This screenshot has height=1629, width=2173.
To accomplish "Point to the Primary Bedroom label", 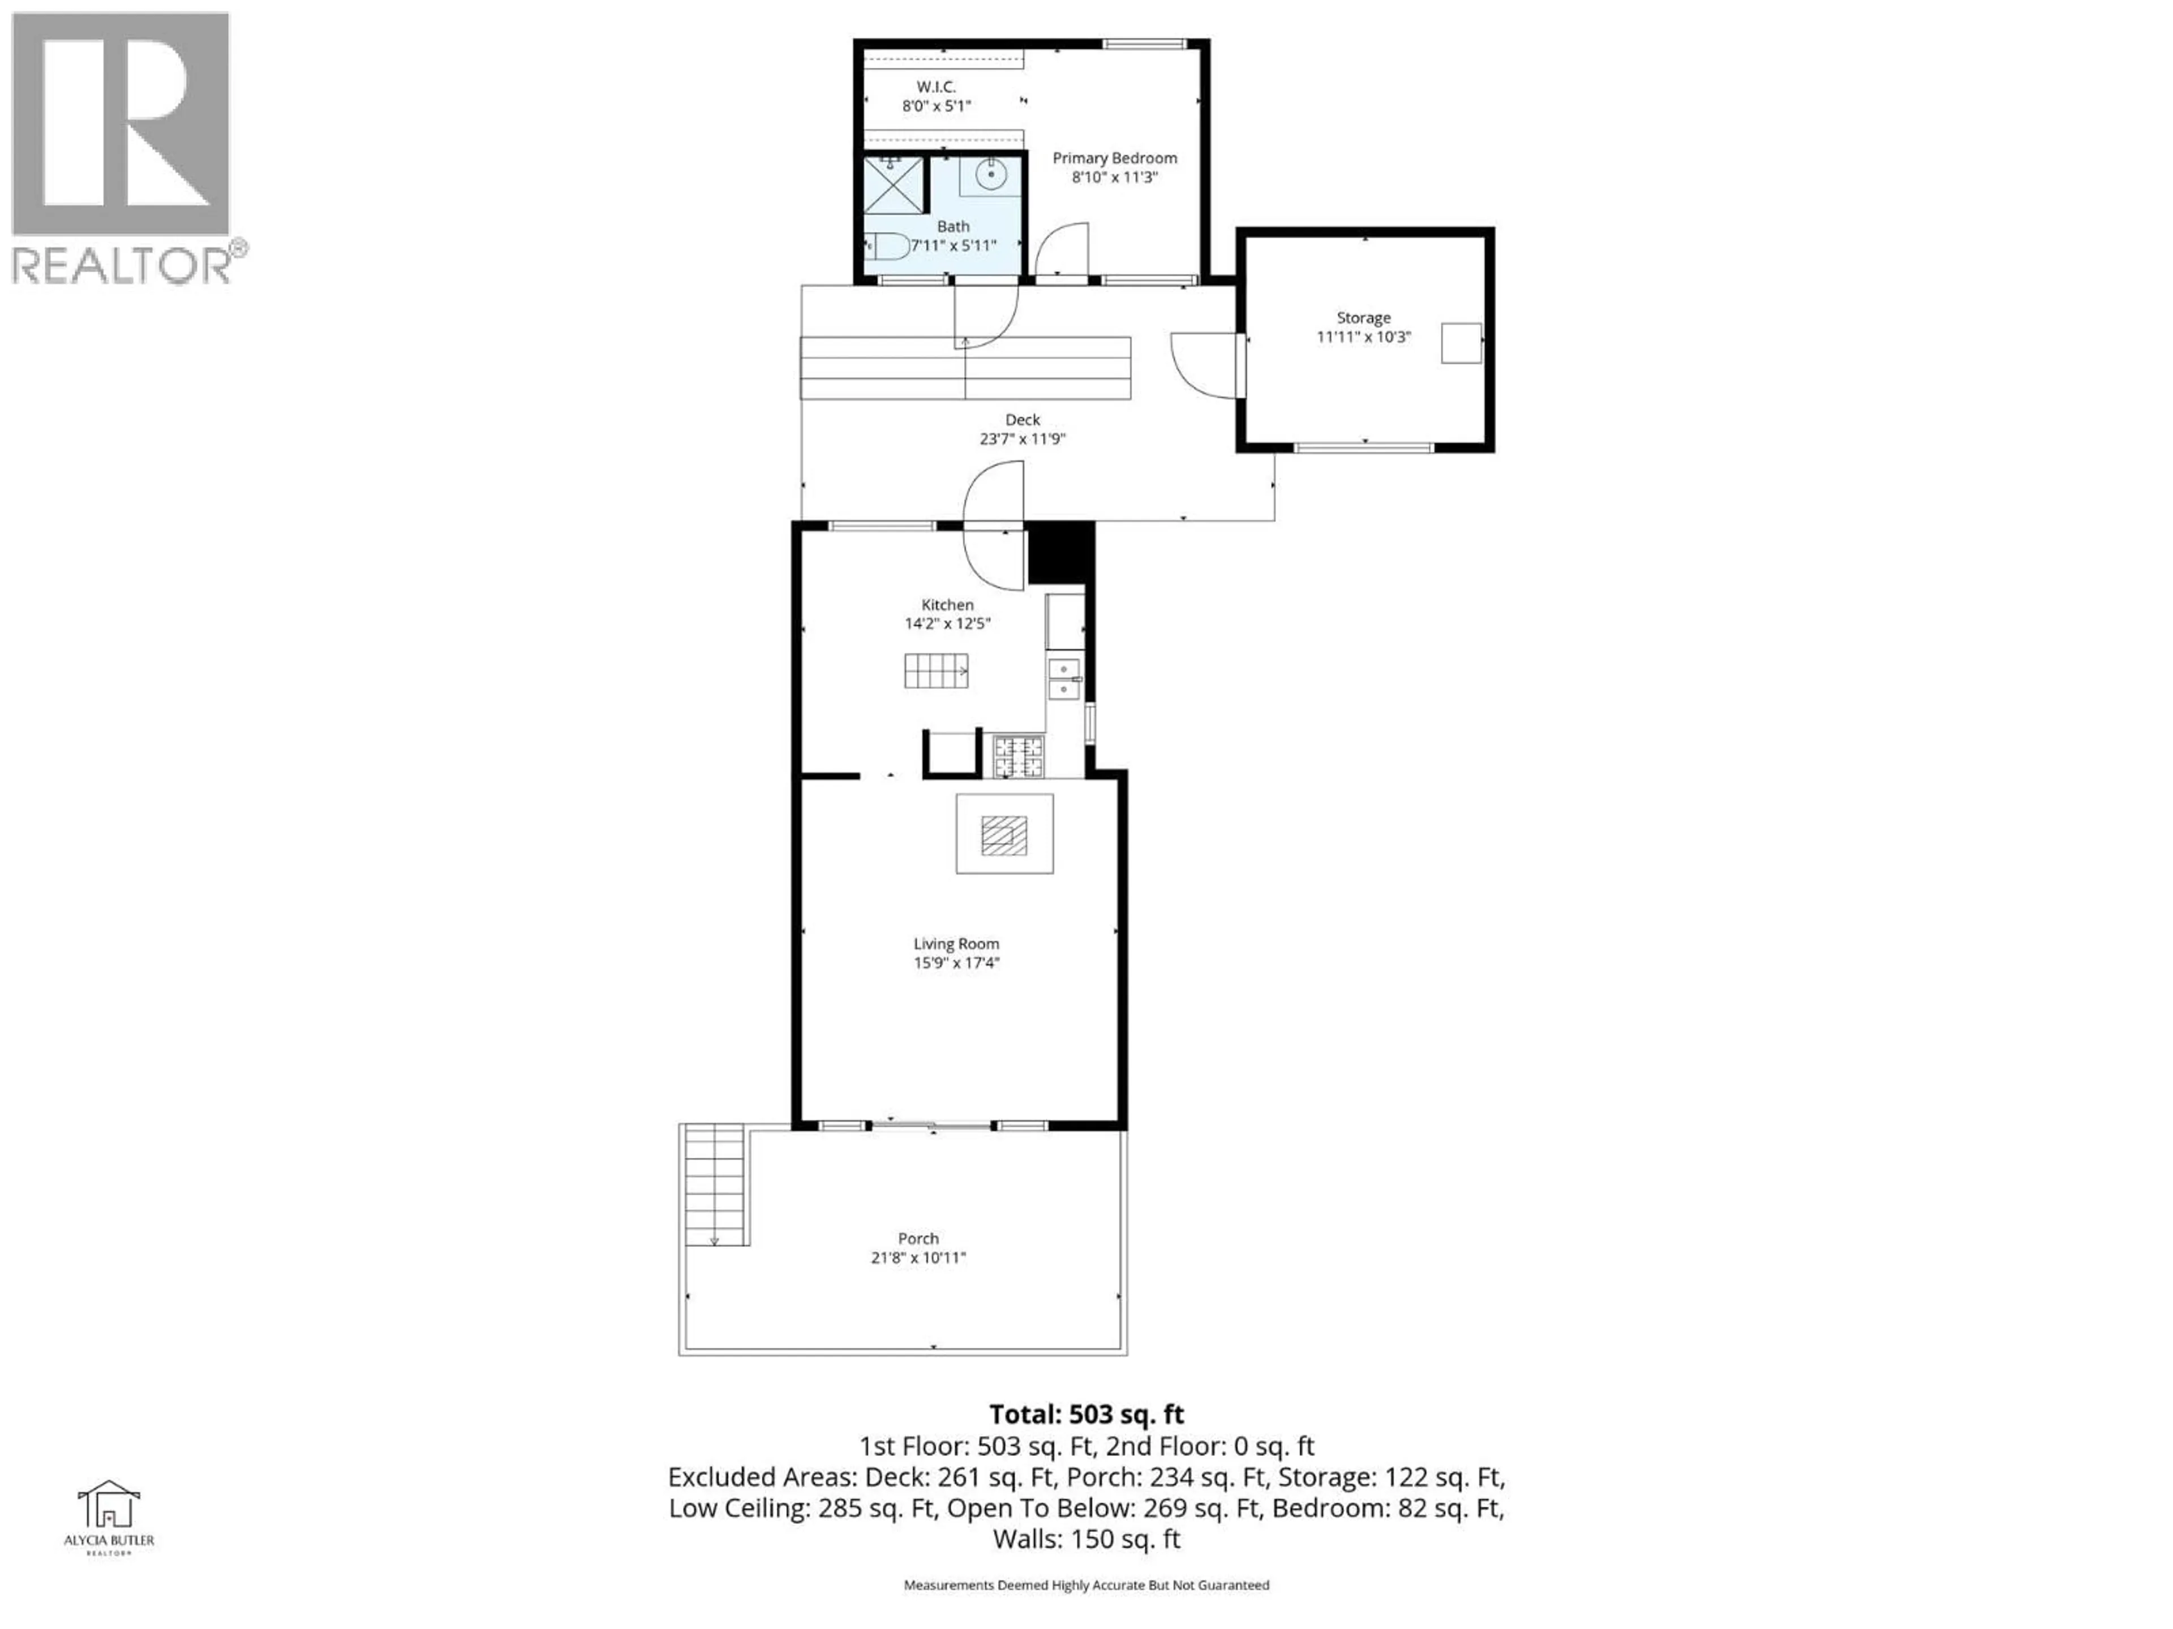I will [x=1114, y=158].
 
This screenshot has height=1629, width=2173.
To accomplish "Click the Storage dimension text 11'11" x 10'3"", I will [x=1364, y=337].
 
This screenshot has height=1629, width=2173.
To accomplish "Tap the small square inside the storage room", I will [x=1461, y=343].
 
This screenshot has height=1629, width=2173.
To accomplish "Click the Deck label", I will [x=1021, y=419].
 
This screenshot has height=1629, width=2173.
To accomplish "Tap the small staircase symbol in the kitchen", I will [x=935, y=671].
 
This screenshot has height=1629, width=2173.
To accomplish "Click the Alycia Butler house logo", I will [x=109, y=1505].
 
